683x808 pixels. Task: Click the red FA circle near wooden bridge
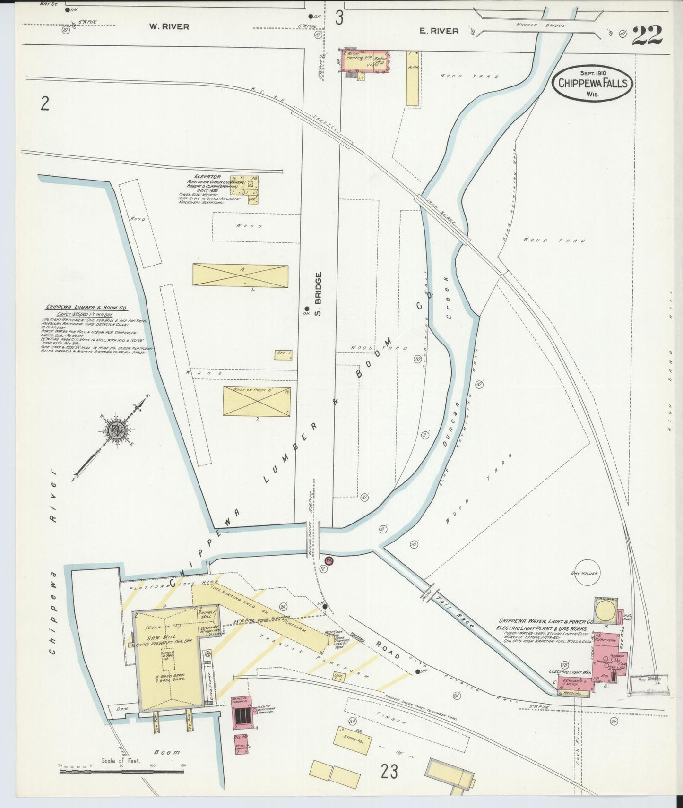pyautogui.click(x=329, y=560)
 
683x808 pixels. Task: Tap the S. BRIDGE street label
pyautogui.click(x=318, y=294)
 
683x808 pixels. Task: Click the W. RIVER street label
pyautogui.click(x=169, y=27)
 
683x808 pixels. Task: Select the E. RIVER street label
pyautogui.click(x=439, y=31)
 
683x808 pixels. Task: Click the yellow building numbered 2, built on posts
pyautogui.click(x=257, y=402)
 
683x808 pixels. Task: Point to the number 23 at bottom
pyautogui.click(x=389, y=772)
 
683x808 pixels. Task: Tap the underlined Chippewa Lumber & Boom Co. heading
pyautogui.click(x=86, y=307)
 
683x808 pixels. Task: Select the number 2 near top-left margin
pyautogui.click(x=44, y=103)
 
